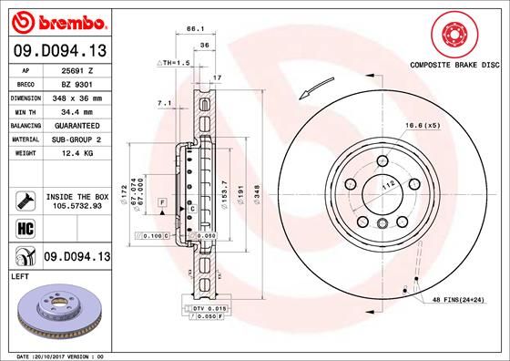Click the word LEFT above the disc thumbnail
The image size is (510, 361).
[19, 274]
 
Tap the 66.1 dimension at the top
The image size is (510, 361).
[192, 29]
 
